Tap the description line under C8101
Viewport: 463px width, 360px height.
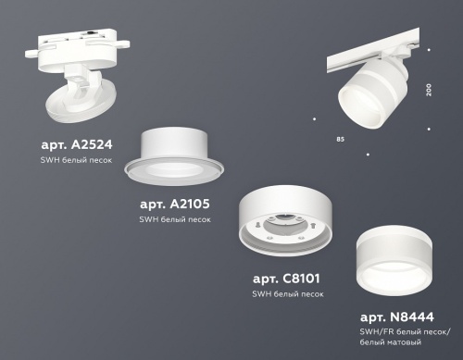288,293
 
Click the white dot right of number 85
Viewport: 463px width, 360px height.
369,150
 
